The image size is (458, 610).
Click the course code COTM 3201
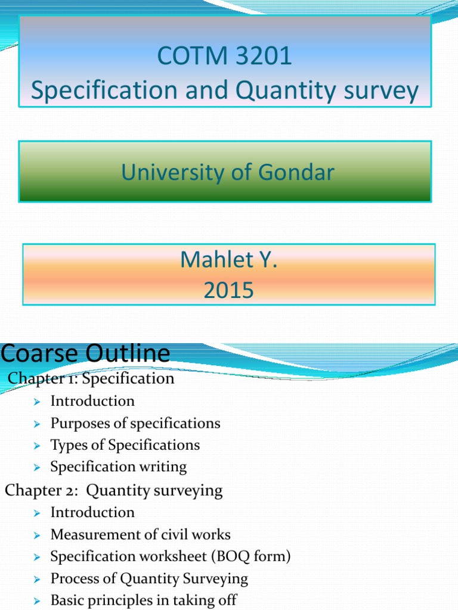tap(224, 57)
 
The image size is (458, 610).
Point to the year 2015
tap(228, 291)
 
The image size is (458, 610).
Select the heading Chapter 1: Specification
tap(91, 378)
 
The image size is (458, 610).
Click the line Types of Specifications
tap(125, 445)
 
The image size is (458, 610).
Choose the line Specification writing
tap(118, 467)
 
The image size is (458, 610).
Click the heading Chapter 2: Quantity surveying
tap(113, 490)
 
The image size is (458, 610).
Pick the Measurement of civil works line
tap(140, 534)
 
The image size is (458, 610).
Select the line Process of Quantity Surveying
tap(148, 578)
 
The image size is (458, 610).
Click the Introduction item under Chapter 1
tap(92, 401)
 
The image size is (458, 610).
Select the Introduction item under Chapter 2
tap(92, 512)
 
